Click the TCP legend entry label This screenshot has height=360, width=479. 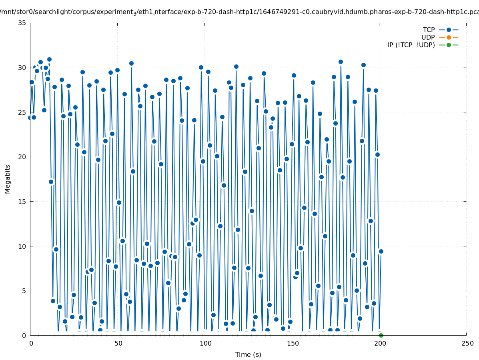pos(429,30)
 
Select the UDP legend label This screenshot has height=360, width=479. pos(428,37)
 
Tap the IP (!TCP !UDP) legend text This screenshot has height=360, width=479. pos(411,45)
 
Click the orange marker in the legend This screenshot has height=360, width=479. pos(449,37)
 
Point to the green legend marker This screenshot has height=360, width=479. pos(449,45)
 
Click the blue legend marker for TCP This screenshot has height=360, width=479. pos(449,30)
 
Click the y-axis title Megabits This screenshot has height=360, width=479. pos(8,179)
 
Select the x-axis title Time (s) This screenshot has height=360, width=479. pos(248,354)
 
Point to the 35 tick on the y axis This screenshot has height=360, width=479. pos(22,23)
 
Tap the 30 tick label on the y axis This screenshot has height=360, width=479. pos(22,68)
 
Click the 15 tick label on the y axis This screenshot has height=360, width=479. pos(22,202)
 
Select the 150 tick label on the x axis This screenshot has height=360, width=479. pos(293,343)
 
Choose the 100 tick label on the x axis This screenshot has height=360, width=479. pos(205,343)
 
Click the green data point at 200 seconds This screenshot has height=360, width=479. pos(381,335)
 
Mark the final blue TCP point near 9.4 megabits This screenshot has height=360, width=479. pos(381,251)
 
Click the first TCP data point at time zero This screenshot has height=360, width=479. pos(30,118)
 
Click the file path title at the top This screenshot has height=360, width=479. pos(239,12)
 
